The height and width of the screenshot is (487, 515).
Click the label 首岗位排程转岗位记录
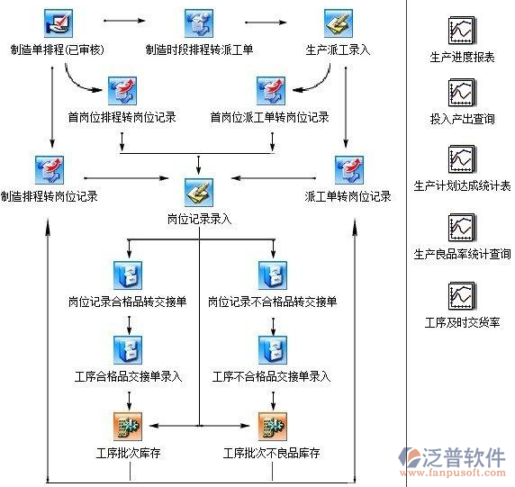click(122, 117)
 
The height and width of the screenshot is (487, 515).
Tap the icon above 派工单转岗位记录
click(348, 169)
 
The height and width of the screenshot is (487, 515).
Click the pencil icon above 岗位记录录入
click(198, 192)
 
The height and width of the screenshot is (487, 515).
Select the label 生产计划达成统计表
click(461, 186)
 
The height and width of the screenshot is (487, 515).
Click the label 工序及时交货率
click(462, 321)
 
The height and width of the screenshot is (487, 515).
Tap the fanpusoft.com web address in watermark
click(461, 471)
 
